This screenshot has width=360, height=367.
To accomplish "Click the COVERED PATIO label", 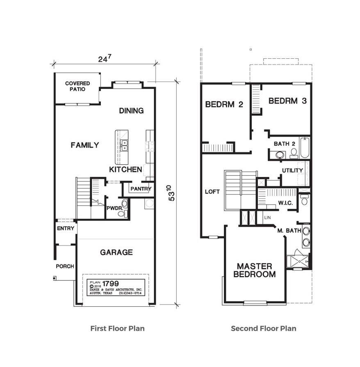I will (77, 86).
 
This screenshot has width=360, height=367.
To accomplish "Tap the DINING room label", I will (131, 110).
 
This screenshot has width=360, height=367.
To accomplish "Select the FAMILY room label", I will (84, 145).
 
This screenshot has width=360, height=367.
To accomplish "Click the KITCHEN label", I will (125, 169).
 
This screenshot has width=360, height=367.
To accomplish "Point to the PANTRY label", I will (141, 189).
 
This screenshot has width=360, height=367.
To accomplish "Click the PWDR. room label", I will (115, 208).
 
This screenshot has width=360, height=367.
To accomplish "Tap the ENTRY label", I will (66, 228).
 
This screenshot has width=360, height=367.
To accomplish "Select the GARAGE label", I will (116, 252).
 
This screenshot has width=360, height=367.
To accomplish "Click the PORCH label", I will (65, 266).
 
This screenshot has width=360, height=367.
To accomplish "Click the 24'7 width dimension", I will (104, 59).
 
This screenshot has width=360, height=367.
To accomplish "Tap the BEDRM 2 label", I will (224, 104).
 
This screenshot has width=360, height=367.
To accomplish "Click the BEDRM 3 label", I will (287, 101).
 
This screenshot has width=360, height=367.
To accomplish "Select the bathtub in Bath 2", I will (305, 148).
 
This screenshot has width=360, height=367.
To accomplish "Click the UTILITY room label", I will (292, 170).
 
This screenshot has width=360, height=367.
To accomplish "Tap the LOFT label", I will (212, 192).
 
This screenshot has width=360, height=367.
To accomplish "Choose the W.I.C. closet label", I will (285, 202).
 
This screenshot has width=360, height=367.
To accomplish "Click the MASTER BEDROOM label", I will (254, 270).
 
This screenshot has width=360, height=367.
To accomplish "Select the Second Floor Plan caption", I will (263, 328).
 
